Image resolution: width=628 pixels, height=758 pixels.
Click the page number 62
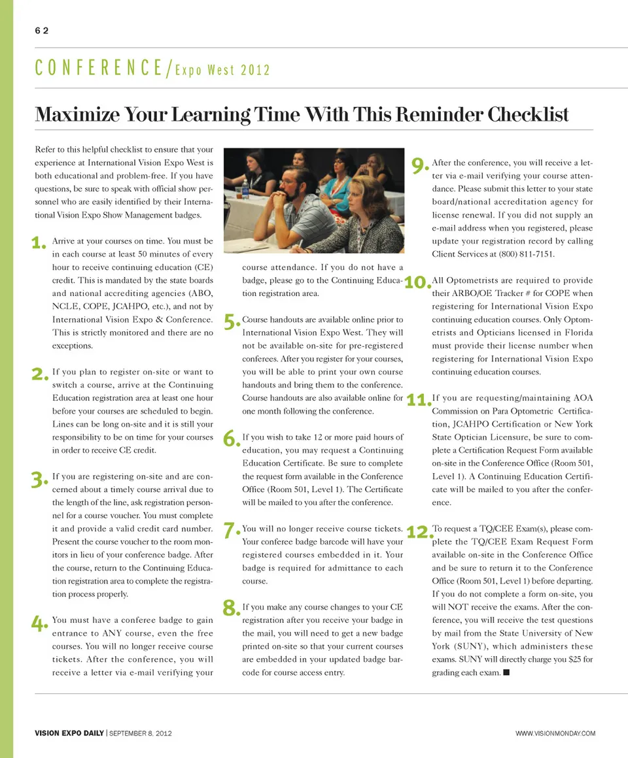point(41,31)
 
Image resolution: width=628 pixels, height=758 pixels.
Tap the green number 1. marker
point(39,244)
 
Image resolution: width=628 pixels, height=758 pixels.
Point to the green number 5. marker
point(232,321)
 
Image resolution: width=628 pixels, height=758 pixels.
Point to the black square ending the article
point(506,672)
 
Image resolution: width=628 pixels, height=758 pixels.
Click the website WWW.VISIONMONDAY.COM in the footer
point(555,733)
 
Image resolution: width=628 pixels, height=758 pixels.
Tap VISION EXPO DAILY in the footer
point(69,733)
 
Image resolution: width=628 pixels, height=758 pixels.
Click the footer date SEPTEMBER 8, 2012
point(140,733)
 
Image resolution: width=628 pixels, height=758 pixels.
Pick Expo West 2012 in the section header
point(223,70)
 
